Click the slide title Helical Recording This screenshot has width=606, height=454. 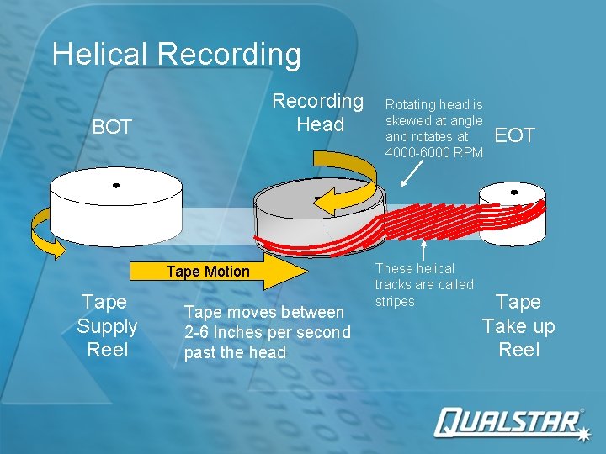click(176, 55)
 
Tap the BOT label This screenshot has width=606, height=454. click(112, 127)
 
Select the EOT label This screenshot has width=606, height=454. click(514, 135)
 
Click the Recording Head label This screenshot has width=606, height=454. click(318, 113)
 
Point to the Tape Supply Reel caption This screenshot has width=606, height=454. click(107, 325)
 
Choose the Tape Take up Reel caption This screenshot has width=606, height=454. click(518, 325)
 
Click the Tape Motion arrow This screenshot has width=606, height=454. click(219, 272)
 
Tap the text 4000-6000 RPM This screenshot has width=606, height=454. click(433, 152)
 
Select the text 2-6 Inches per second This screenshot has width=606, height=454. click(267, 332)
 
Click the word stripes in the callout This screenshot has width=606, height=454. click(395, 301)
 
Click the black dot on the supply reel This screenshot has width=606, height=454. click(116, 185)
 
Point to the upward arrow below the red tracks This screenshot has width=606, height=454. click(425, 250)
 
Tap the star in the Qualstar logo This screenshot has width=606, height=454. click(582, 430)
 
